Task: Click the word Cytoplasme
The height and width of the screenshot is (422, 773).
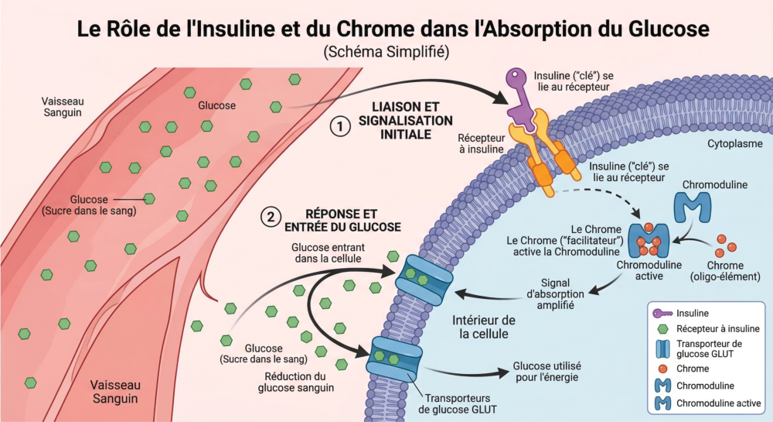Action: (x=735, y=144)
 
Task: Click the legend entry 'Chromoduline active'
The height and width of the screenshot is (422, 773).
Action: (x=718, y=403)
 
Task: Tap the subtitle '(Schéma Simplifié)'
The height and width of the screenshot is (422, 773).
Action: (x=386, y=52)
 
